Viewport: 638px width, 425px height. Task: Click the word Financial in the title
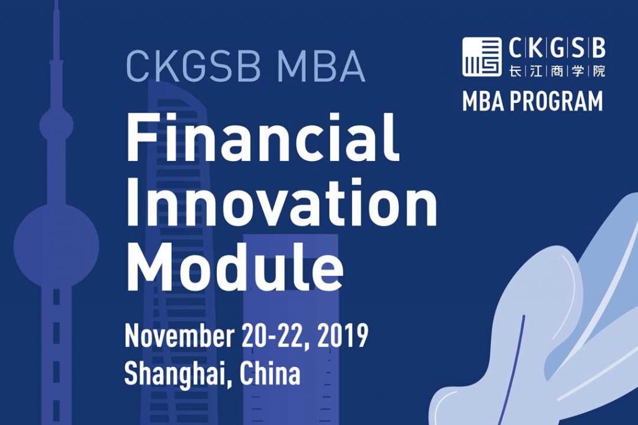point(262,138)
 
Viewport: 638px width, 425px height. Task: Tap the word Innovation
point(281,204)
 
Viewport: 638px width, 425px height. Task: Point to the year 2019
point(343,337)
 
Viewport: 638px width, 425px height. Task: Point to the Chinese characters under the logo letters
point(557,71)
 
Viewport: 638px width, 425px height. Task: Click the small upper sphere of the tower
point(56,127)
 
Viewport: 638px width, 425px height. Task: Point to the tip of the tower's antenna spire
point(55,4)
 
